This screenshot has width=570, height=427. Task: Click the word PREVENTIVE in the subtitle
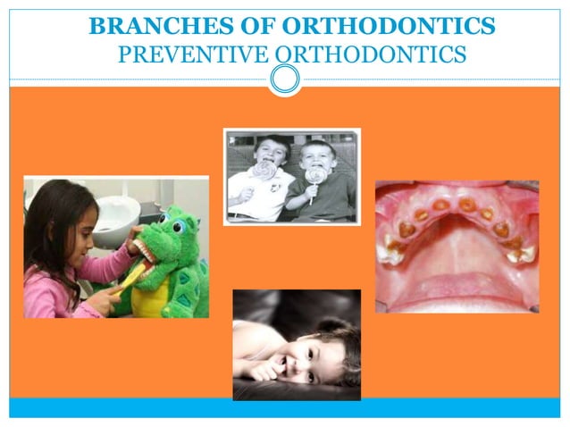tap(191, 54)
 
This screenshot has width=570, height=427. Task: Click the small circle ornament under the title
tap(285, 80)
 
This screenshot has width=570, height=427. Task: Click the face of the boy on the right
tap(318, 156)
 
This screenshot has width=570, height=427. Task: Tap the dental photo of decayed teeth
tap(457, 247)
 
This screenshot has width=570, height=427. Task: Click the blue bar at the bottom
tap(284, 408)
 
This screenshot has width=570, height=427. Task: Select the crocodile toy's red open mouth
tap(151, 251)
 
